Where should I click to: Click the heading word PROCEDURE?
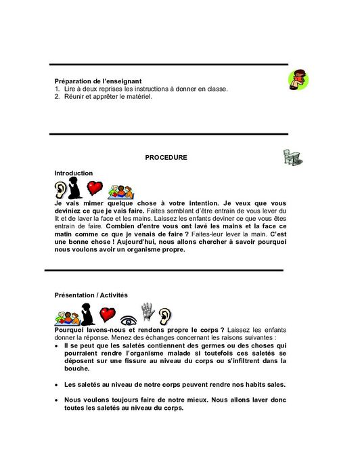166,157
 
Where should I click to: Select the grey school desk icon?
293,158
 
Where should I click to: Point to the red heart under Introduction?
95,188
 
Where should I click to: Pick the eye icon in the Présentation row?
128,316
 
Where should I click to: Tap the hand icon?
148,312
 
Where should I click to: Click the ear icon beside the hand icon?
165,314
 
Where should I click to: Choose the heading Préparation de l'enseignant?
97,81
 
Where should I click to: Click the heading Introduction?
74,173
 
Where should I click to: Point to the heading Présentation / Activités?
91,295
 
